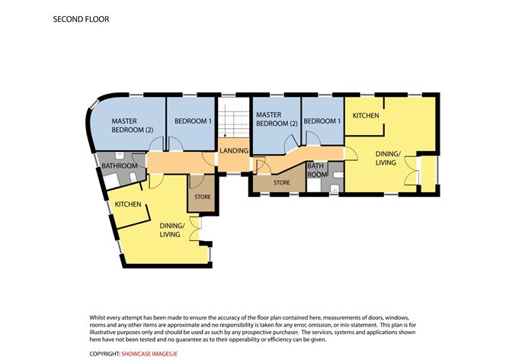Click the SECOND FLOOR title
point(82,19)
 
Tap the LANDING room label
point(234,151)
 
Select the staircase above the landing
point(232,121)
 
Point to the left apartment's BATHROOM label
point(120,166)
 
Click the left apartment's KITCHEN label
point(128,204)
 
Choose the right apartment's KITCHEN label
point(366,116)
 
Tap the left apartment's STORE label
point(203,197)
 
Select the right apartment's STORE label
point(281,182)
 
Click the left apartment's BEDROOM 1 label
point(193,121)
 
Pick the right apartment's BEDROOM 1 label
point(322,121)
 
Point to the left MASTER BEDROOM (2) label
point(133,125)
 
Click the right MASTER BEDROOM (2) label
point(277,119)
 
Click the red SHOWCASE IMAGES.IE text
point(149,354)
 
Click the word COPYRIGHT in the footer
point(104,354)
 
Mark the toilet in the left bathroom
point(133,177)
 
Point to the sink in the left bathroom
point(120,156)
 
